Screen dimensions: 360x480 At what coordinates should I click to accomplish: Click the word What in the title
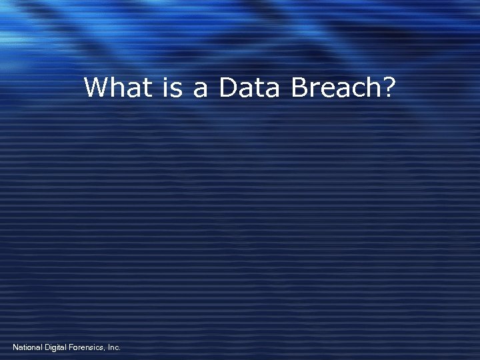pos(118,87)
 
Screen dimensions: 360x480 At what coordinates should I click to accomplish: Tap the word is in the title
pos(173,87)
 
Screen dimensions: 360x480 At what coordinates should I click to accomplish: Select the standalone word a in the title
pos(201,90)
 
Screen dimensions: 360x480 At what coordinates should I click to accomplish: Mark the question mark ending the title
pos(389,87)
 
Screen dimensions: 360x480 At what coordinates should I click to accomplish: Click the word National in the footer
pos(27,347)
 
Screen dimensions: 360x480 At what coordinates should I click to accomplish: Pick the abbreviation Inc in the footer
pos(113,347)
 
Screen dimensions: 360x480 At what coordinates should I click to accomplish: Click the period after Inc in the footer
pos(120,349)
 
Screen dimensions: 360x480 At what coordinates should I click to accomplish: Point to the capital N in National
pos(15,347)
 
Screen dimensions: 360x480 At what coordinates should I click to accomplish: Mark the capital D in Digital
pos(47,347)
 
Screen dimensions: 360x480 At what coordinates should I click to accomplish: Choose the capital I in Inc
pos(109,347)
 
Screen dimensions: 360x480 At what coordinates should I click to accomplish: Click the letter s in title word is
pos(177,90)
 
